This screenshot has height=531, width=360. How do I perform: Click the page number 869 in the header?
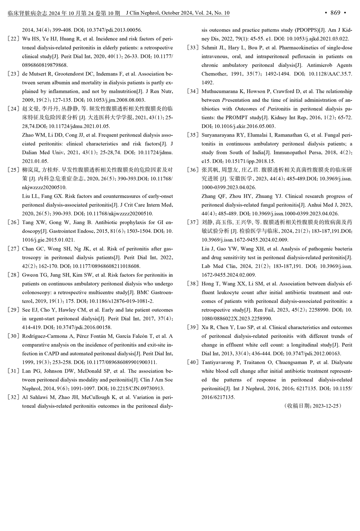(x=335, y=13)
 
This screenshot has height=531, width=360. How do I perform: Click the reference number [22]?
(x=14, y=39)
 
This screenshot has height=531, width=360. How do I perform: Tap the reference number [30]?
(x=14, y=336)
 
